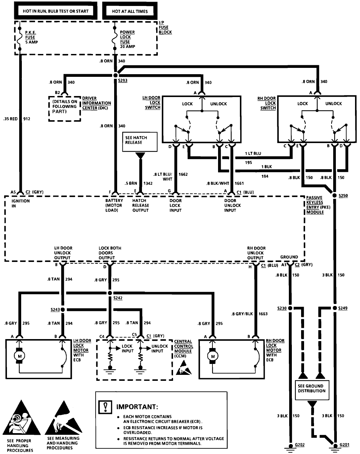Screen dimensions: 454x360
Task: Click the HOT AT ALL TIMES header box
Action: point(130,11)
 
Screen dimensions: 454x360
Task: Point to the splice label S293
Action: point(122,80)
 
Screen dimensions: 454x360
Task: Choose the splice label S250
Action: point(343,196)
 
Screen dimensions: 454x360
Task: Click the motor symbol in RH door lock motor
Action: point(213,356)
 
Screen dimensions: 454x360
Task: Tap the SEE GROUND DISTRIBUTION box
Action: point(311,388)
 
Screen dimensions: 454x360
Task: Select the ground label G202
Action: point(299,445)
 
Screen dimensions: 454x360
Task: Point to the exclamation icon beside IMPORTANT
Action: point(105,406)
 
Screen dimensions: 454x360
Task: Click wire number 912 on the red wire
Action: point(27,119)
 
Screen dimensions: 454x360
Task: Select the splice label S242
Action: point(118,298)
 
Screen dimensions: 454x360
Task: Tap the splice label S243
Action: point(55,310)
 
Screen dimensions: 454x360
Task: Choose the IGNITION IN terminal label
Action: point(21,203)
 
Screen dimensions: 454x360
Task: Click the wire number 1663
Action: point(263,314)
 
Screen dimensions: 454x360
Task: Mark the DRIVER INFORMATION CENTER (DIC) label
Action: point(96,103)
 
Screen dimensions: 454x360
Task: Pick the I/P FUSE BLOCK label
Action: point(165,27)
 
